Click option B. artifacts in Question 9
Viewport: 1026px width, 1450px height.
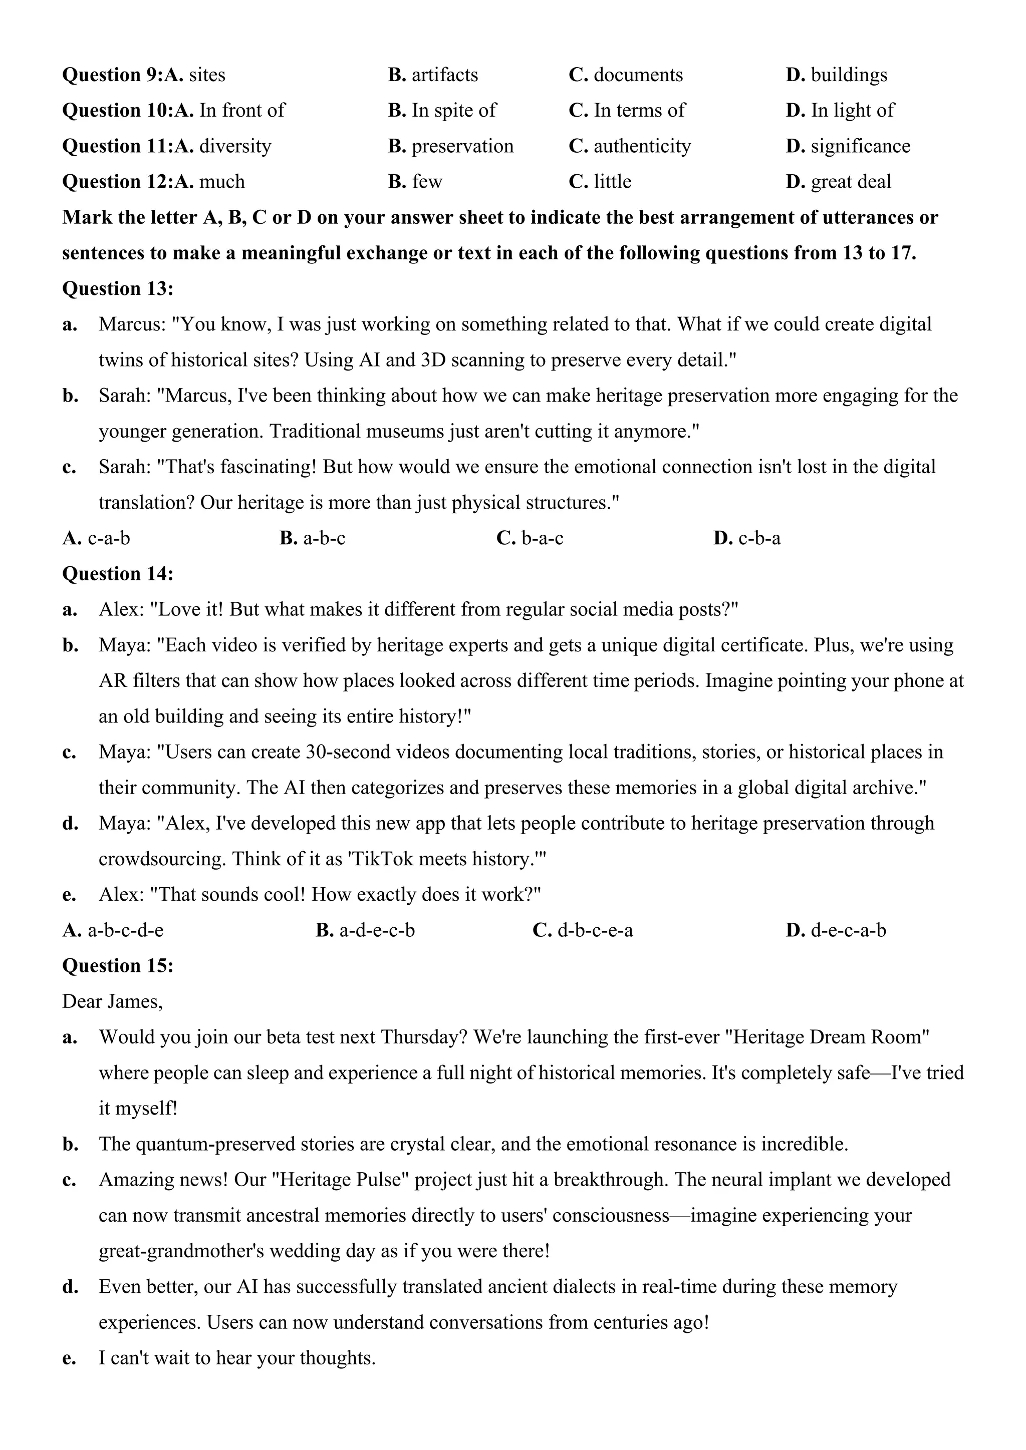click(433, 75)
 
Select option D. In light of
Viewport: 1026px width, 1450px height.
click(840, 111)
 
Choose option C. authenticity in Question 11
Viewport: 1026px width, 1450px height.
click(629, 147)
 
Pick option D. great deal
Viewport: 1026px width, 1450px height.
click(838, 182)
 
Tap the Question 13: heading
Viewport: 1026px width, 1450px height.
click(118, 288)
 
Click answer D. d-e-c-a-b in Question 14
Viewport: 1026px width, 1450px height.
click(835, 930)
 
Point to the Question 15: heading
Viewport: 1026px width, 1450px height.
click(118, 966)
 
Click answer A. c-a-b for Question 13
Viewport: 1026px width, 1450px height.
click(96, 538)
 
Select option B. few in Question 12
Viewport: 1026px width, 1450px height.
click(415, 182)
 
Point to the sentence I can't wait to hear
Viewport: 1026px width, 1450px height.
click(237, 1358)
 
